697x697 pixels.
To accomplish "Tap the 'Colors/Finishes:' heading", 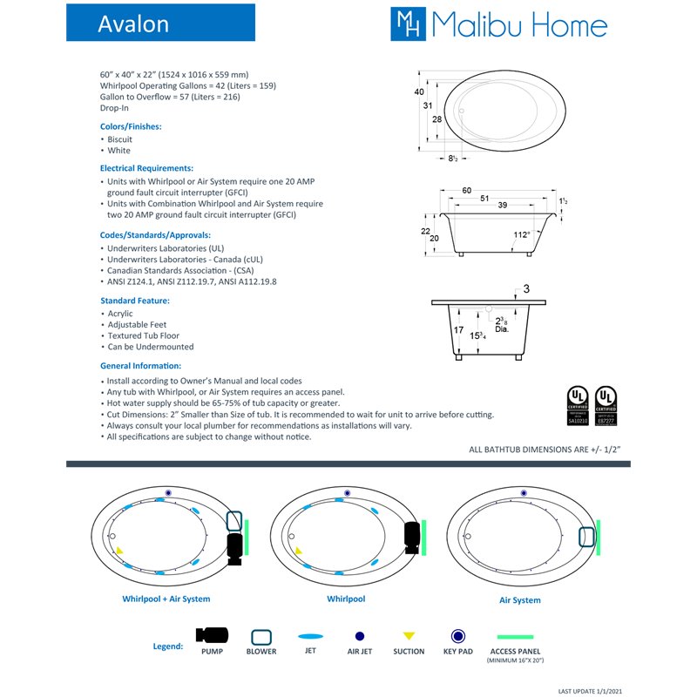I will tap(131, 126).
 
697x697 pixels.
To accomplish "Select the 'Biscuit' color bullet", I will tap(119, 139).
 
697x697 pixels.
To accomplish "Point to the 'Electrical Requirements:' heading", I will tap(146, 168).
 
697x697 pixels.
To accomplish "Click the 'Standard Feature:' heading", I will tap(135, 301).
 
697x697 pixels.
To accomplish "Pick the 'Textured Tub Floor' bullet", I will tap(143, 335).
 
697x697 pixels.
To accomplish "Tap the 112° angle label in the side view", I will tap(520, 233).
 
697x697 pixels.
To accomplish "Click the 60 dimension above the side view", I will tap(491, 190).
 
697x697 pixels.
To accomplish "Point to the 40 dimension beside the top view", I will tap(419, 91).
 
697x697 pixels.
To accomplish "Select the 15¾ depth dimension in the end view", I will tap(477, 335).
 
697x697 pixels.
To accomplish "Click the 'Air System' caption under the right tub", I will tap(519, 600).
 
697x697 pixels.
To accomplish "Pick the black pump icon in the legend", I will tap(212, 636).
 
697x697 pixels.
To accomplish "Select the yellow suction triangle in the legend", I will tap(409, 636).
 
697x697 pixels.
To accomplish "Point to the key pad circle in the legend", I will tap(457, 636).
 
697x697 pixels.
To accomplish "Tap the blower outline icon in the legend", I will tap(261, 636).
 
